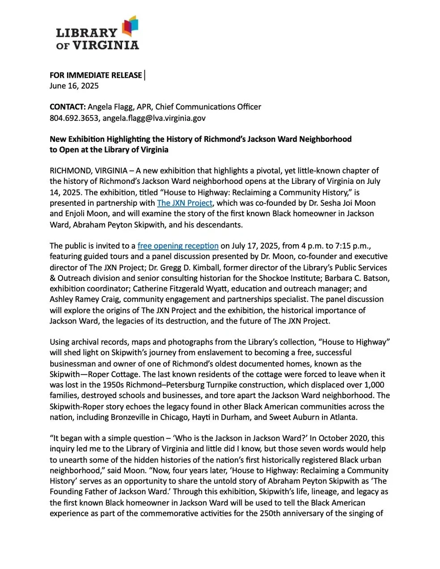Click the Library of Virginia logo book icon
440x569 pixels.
(130, 26)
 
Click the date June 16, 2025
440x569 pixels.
(74, 86)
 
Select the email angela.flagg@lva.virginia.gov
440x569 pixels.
(154, 118)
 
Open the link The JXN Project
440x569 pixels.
(184, 203)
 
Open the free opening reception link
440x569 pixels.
(178, 246)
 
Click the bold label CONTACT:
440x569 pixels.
(68, 107)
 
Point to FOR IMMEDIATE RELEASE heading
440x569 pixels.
(95, 75)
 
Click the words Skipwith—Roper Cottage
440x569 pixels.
(94, 374)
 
